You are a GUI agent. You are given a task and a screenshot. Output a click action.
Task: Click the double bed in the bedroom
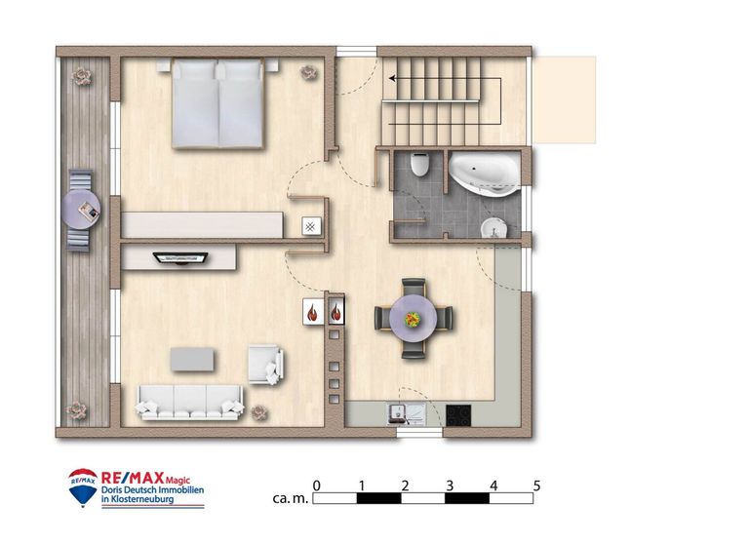217,103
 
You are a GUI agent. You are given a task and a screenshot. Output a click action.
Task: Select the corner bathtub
483,174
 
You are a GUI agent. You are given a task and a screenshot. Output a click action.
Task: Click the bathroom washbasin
493,228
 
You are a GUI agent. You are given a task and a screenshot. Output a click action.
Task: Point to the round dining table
413,318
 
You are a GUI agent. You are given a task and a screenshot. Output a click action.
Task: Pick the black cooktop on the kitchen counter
458,415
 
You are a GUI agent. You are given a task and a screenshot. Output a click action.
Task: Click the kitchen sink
406,414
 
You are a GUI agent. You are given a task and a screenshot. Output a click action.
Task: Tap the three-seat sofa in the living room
190,402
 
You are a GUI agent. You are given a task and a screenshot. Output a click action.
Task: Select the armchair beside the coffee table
265,365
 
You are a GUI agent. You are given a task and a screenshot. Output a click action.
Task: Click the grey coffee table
192,359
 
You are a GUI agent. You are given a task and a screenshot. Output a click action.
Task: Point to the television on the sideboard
180,258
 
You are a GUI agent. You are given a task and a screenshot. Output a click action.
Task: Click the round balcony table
81,210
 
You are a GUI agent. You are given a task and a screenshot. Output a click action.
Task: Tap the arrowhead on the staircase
392,78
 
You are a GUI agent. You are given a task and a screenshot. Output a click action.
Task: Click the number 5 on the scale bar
537,486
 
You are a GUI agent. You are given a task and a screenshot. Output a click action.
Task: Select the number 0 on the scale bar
316,486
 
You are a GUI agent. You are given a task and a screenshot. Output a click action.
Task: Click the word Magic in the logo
177,480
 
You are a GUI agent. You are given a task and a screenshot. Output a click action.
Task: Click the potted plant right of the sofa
259,412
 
